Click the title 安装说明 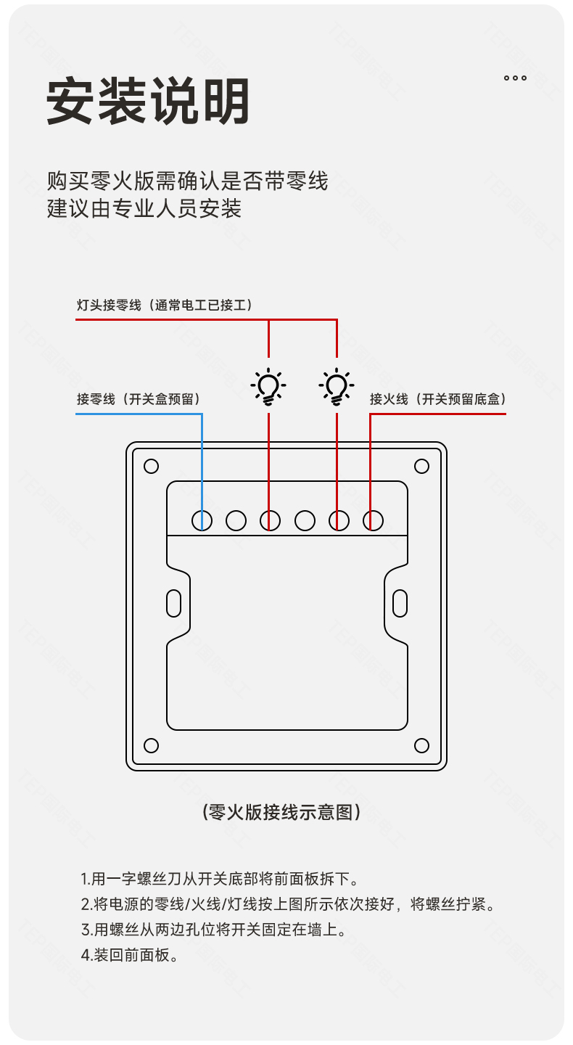(149, 101)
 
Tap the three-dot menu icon (515, 78)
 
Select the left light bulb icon (268, 387)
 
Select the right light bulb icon (337, 387)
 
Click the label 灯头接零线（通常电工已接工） (166, 305)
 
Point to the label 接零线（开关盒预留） (139, 399)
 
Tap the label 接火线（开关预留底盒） (437, 399)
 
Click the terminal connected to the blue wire (202, 520)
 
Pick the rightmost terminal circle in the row (373, 520)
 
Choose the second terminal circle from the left (236, 520)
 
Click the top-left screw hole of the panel (151, 466)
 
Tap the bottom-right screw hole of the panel (421, 745)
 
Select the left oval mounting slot (174, 602)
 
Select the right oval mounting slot (400, 602)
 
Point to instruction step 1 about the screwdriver (220, 880)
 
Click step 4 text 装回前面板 (130, 955)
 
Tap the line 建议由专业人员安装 (144, 208)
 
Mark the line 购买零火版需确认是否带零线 (188, 180)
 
